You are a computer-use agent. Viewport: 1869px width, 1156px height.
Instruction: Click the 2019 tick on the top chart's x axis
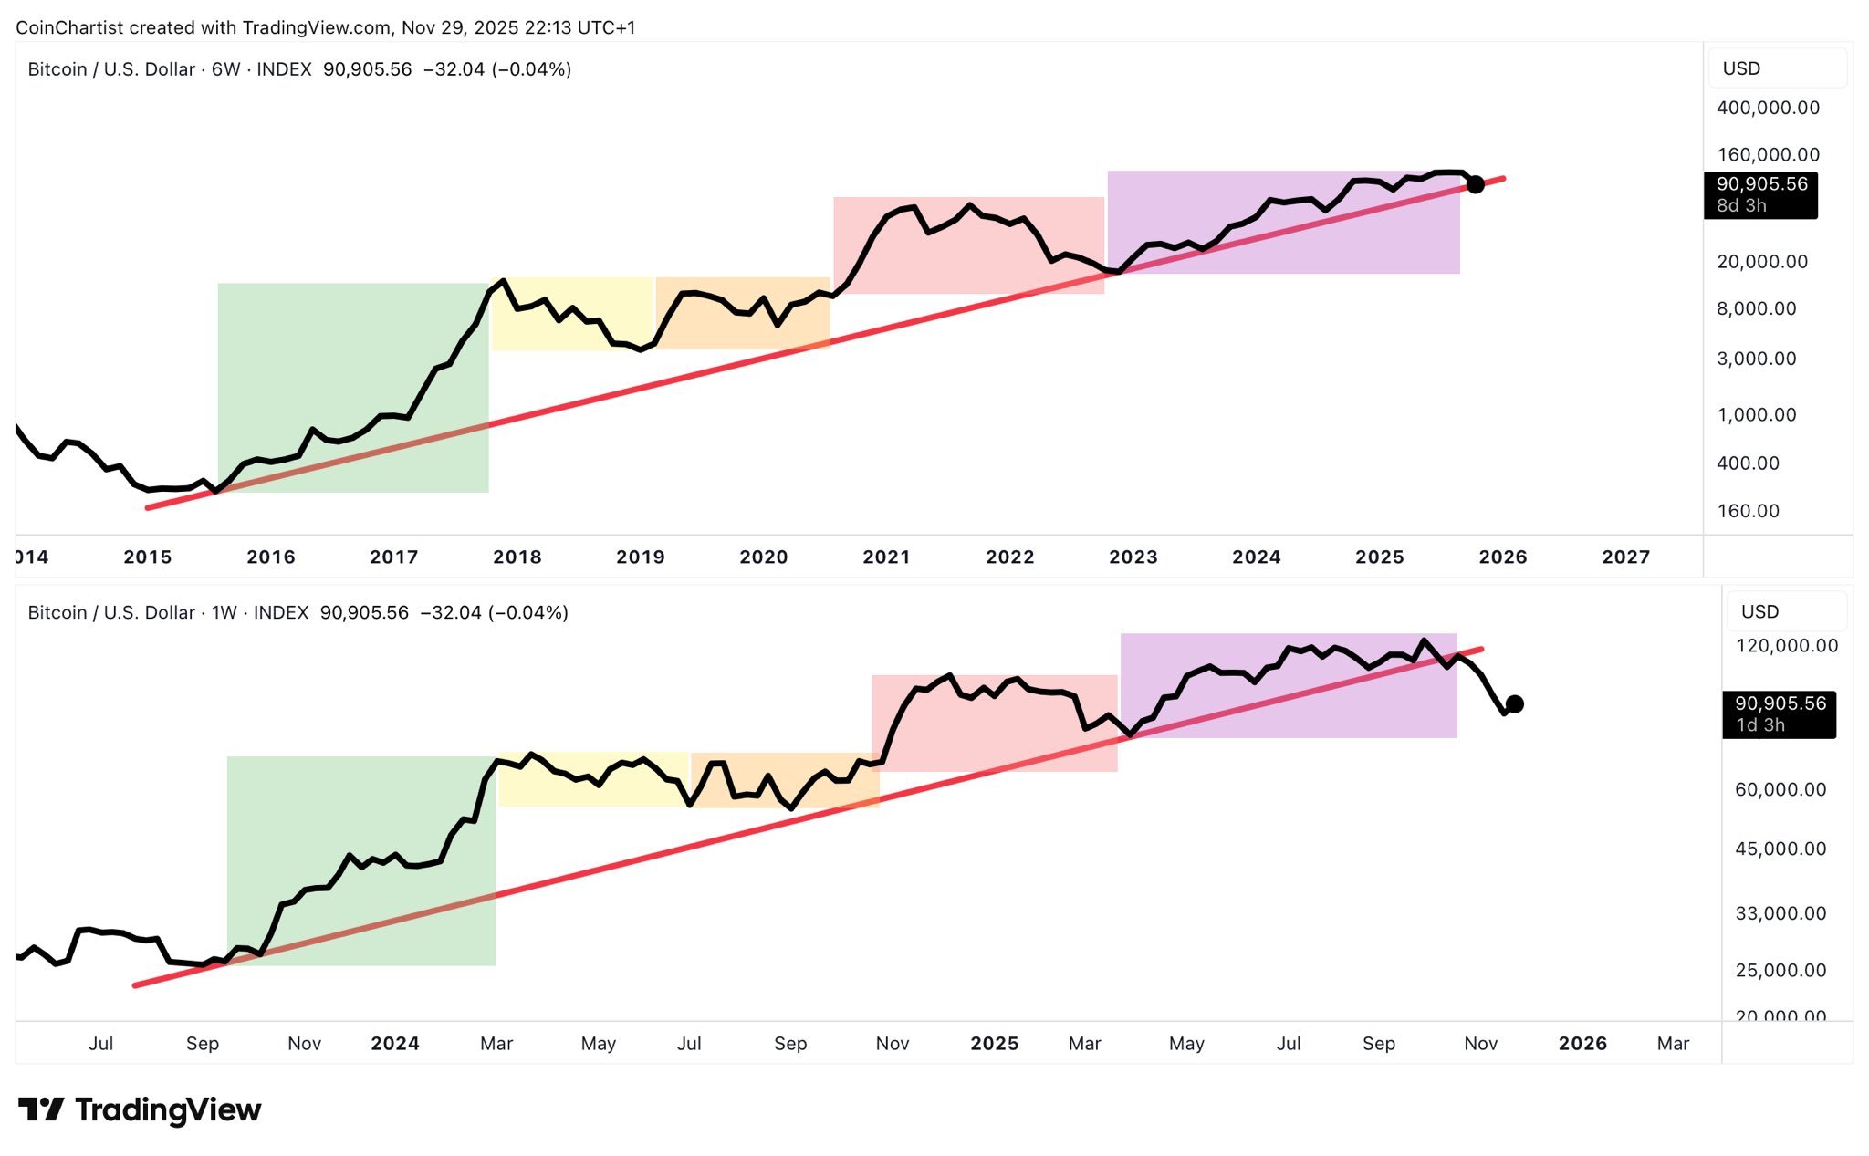pyautogui.click(x=640, y=557)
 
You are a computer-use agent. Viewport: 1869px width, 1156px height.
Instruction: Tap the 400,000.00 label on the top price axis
pyautogui.click(x=1768, y=108)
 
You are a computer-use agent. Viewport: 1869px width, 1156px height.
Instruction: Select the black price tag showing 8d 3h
pyautogui.click(x=1759, y=195)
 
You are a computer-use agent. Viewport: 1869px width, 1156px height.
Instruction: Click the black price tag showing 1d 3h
pyautogui.click(x=1778, y=714)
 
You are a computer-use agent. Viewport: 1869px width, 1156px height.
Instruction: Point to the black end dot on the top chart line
pyautogui.click(x=1475, y=184)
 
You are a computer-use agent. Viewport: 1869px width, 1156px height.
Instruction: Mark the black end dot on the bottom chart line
pyautogui.click(x=1514, y=703)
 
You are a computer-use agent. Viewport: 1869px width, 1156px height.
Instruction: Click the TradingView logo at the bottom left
pyautogui.click(x=140, y=1109)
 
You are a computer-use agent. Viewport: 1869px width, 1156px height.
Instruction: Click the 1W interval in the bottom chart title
pyautogui.click(x=224, y=612)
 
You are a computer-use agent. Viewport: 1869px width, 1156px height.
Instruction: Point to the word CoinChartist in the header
pyautogui.click(x=69, y=27)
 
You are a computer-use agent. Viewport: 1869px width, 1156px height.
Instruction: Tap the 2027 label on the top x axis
pyautogui.click(x=1625, y=557)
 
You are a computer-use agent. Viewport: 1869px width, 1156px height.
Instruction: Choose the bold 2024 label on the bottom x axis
pyautogui.click(x=394, y=1043)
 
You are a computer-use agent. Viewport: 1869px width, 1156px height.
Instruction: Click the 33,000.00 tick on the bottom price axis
pyautogui.click(x=1780, y=913)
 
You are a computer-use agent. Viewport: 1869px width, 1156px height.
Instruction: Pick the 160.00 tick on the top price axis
pyautogui.click(x=1748, y=511)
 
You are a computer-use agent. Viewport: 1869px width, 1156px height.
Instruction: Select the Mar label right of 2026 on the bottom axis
pyautogui.click(x=1672, y=1043)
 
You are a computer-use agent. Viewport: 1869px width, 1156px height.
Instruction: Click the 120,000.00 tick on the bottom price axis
pyautogui.click(x=1786, y=646)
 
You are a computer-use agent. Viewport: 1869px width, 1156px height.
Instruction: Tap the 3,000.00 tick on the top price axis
pyautogui.click(x=1756, y=359)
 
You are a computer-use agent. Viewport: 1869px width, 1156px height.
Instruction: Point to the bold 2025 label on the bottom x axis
pyautogui.click(x=994, y=1043)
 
